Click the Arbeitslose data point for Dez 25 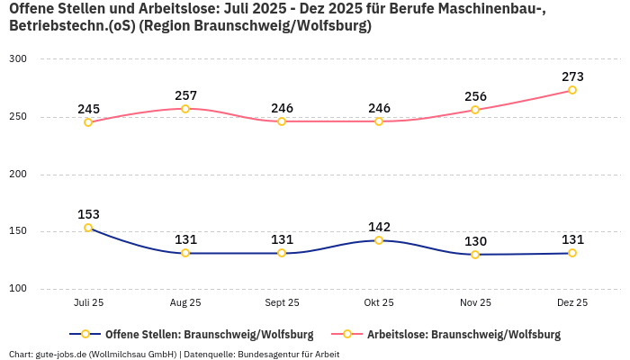[x=572, y=90]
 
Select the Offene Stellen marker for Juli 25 [x=88, y=228]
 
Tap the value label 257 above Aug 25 [x=185, y=95]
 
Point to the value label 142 [x=379, y=227]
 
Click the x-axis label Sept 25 [x=282, y=303]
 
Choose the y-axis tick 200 [x=18, y=174]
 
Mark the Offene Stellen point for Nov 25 [x=475, y=255]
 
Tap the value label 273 [x=572, y=76]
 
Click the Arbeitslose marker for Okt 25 [x=379, y=121]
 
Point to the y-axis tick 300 [x=18, y=58]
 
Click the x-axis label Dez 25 [x=572, y=303]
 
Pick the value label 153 [x=88, y=214]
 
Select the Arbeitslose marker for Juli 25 [x=88, y=122]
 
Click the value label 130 [x=475, y=241]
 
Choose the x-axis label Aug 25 [x=185, y=303]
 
